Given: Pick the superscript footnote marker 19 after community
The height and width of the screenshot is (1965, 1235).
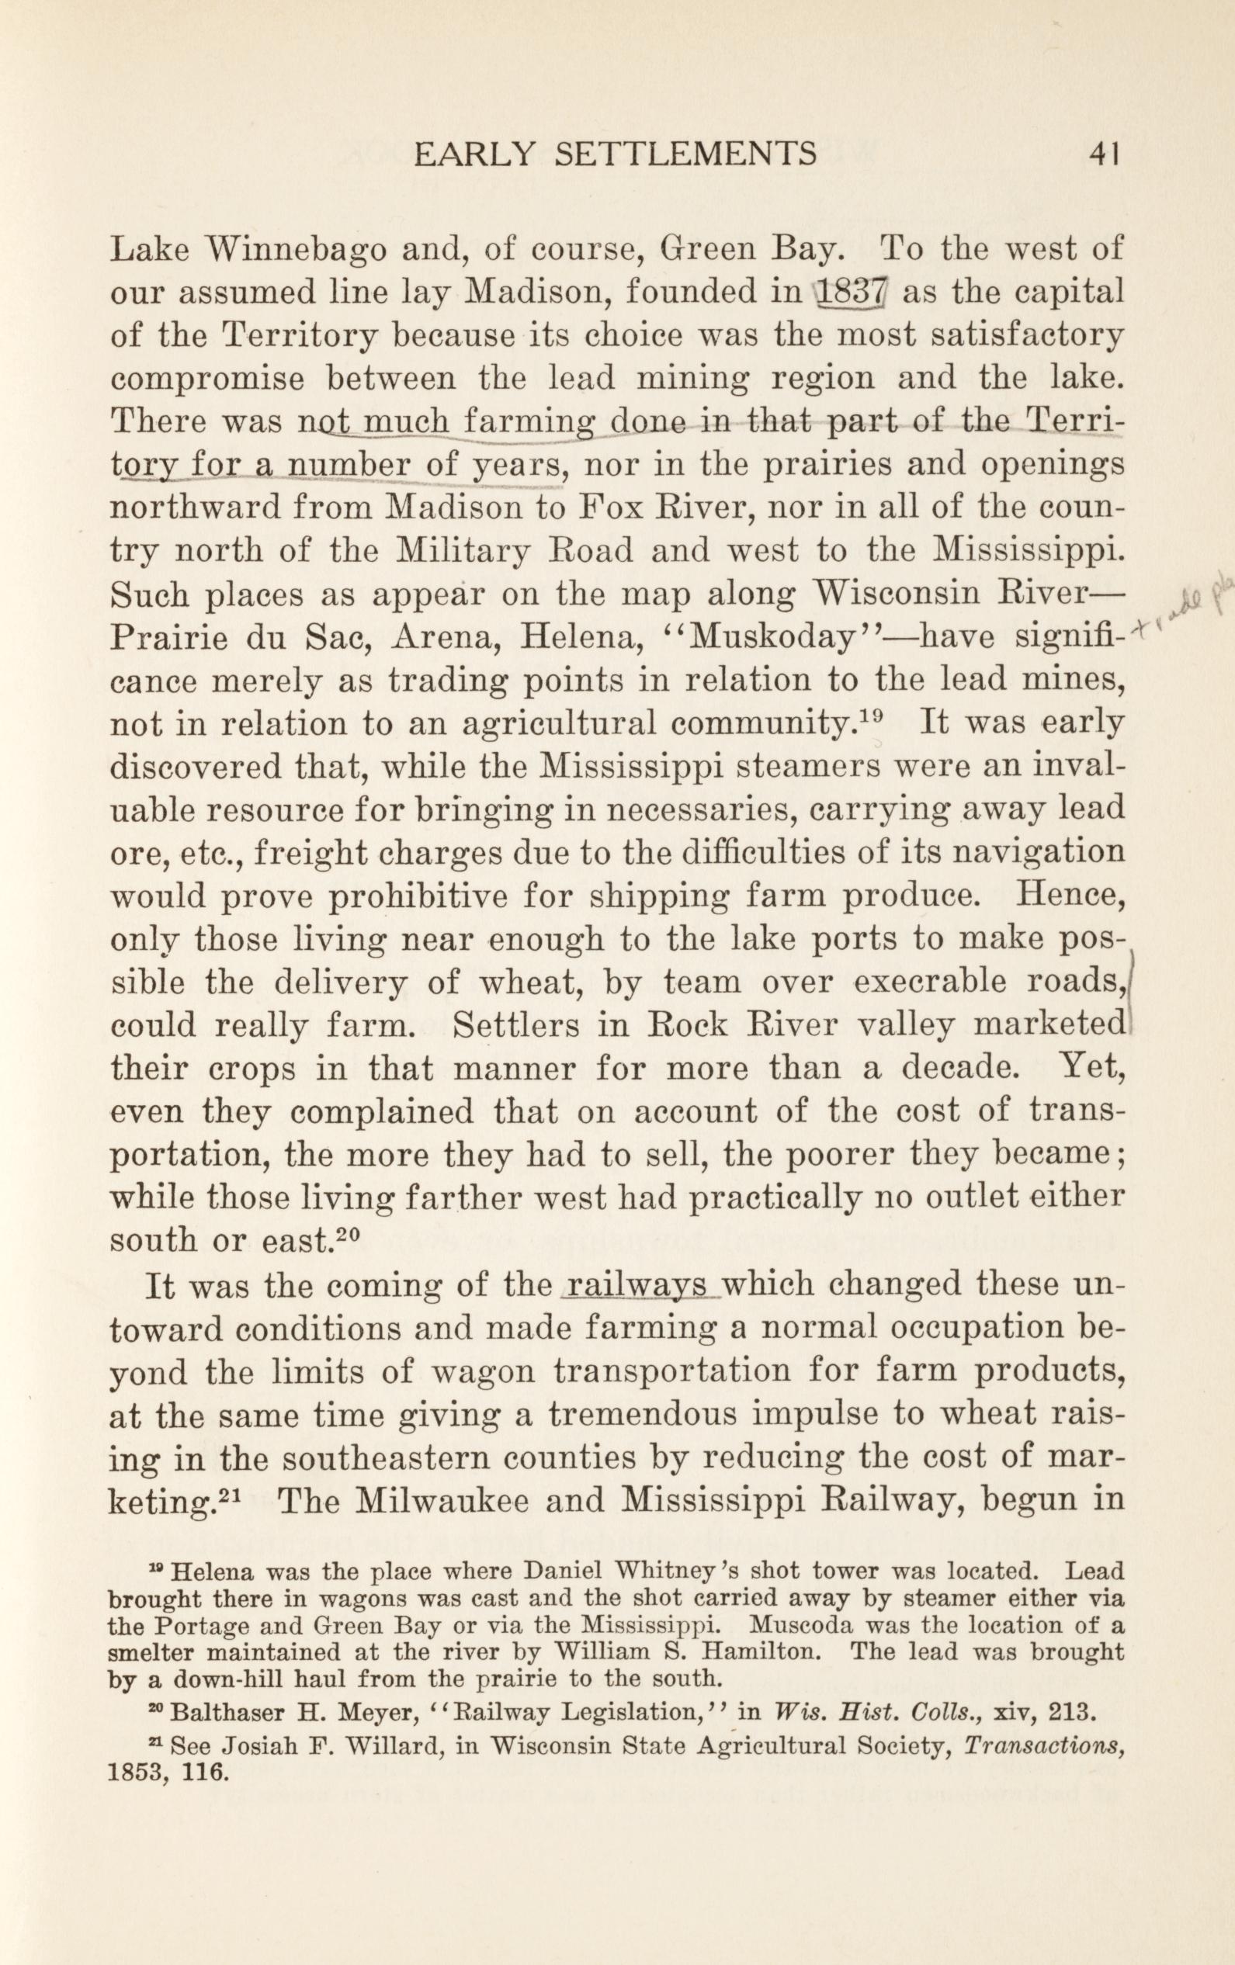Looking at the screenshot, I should [872, 715].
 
